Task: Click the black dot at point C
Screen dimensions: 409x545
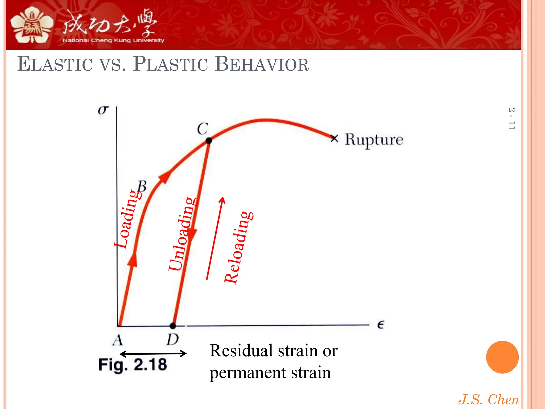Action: click(x=209, y=140)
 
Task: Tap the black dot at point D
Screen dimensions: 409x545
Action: click(x=173, y=325)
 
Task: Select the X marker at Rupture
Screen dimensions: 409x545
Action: click(x=334, y=138)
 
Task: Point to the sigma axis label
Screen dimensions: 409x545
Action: click(x=103, y=110)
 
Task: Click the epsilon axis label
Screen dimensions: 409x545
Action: click(x=381, y=325)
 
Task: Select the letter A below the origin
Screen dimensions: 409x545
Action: click(x=118, y=340)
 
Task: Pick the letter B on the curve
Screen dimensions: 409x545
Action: click(x=142, y=186)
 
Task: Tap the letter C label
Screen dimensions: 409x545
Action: click(x=203, y=129)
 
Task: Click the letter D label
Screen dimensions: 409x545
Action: click(x=173, y=340)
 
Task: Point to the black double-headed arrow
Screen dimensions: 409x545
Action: click(x=153, y=354)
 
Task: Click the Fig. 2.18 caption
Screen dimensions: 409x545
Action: click(x=133, y=365)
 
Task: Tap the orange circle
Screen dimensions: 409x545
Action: click(x=502, y=357)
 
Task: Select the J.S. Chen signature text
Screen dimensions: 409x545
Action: click(x=489, y=399)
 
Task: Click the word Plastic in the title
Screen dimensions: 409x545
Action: click(x=170, y=64)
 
